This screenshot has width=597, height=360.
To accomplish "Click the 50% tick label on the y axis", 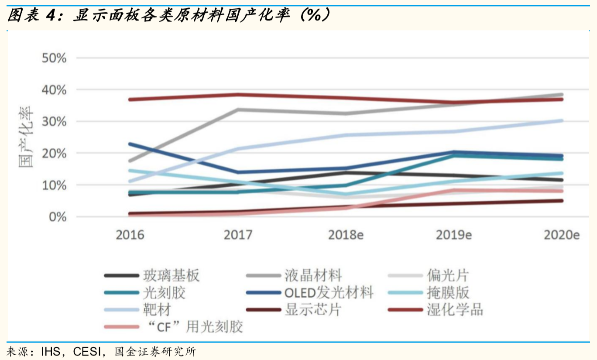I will click(x=54, y=58).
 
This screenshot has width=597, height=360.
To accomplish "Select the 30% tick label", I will click(x=54, y=121).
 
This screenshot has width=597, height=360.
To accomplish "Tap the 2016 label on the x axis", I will click(x=130, y=235).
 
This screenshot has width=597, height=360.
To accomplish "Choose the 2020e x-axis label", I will click(x=561, y=235).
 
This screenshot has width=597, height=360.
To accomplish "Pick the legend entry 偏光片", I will click(x=442, y=275).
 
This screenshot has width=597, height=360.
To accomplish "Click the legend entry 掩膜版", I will click(x=442, y=292).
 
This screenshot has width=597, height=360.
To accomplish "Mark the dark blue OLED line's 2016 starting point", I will click(x=130, y=144).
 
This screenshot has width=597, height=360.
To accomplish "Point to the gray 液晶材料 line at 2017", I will click(x=238, y=110).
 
